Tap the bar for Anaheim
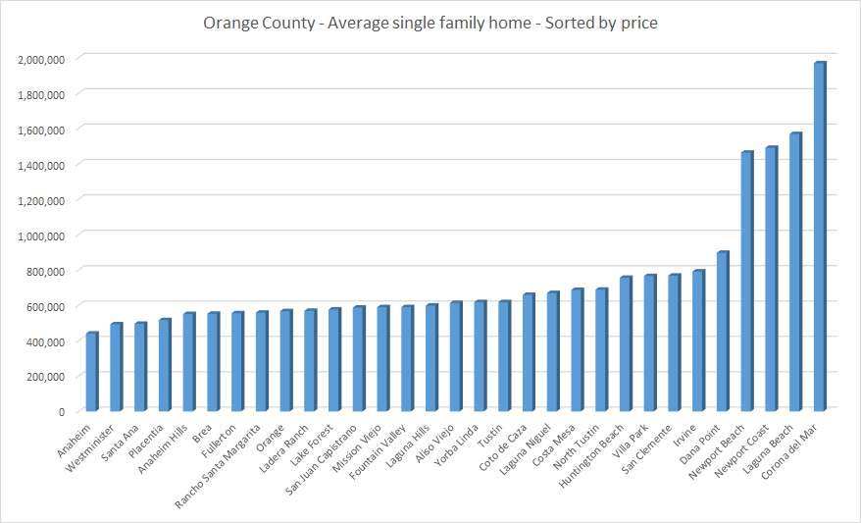(91, 372)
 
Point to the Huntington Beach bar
(626, 343)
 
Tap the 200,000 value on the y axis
(45, 376)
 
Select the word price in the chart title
(638, 22)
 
